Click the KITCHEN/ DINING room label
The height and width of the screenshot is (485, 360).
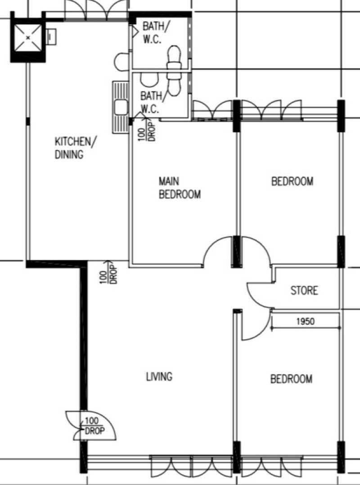[x=76, y=148]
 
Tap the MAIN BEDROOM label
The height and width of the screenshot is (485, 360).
[x=180, y=188]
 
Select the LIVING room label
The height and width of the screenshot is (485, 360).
[x=159, y=377]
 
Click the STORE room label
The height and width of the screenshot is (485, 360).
[x=304, y=291]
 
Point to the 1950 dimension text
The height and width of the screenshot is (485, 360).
[x=305, y=321]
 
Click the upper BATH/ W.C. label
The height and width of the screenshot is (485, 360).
[x=156, y=32]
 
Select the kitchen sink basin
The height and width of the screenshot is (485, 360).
[x=121, y=107]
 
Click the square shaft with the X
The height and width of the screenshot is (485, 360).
[x=28, y=38]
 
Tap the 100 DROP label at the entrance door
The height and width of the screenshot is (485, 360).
[x=94, y=426]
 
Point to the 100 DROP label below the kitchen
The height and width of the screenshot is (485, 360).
[x=108, y=273]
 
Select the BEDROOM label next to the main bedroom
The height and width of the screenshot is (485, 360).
[x=292, y=181]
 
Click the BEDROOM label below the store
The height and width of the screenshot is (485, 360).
[x=291, y=379]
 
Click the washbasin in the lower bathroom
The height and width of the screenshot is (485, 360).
[x=149, y=80]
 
